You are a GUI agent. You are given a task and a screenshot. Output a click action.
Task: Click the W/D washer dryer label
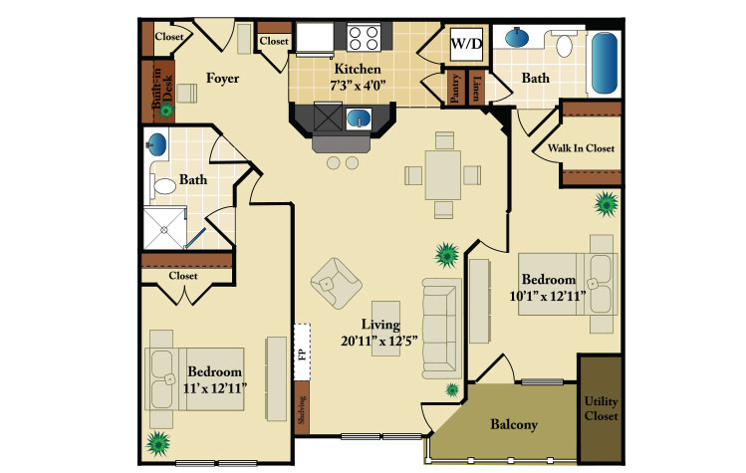click(x=466, y=44)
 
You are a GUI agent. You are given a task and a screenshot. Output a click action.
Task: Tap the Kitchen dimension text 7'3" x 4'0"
click(x=358, y=86)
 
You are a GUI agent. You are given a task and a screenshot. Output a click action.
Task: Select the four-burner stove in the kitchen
click(x=363, y=38)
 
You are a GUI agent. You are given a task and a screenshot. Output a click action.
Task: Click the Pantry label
click(x=455, y=88)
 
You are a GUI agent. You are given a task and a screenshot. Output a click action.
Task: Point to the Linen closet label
click(x=476, y=88)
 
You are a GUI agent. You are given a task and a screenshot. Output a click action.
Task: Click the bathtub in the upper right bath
click(x=605, y=63)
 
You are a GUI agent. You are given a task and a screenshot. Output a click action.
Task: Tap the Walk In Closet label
click(x=581, y=148)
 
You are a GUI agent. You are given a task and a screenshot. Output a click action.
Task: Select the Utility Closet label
click(x=601, y=408)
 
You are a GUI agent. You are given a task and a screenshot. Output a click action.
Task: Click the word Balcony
click(x=514, y=424)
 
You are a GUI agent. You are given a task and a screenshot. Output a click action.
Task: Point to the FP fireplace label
click(x=302, y=354)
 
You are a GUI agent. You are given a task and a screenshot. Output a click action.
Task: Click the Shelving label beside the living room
click(x=302, y=410)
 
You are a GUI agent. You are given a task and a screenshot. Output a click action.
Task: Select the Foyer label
click(x=222, y=78)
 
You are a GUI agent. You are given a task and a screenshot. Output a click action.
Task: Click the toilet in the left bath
click(x=162, y=185)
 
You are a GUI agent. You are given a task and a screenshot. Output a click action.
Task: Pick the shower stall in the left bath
click(x=164, y=228)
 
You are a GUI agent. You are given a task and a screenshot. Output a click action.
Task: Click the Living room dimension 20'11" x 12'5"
click(x=379, y=341)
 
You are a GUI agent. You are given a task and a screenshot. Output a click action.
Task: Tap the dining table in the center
click(x=443, y=175)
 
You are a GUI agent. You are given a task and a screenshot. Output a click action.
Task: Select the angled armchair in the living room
click(x=336, y=283)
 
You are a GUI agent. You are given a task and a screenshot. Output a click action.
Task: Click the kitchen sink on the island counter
click(x=359, y=118)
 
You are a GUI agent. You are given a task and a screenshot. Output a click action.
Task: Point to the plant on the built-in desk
click(x=166, y=111)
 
